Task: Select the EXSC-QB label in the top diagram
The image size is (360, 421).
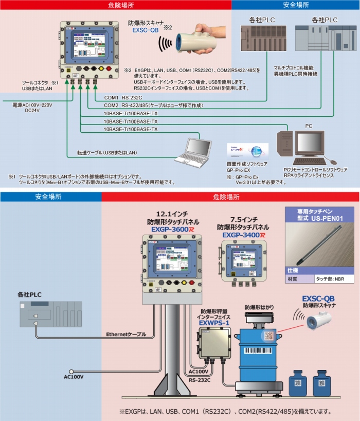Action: tap(146, 30)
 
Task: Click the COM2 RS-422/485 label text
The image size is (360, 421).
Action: tap(153, 105)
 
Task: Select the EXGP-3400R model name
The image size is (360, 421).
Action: tap(245, 235)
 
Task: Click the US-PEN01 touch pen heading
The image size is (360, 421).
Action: tap(319, 215)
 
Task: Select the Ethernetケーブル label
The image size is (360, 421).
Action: tap(125, 334)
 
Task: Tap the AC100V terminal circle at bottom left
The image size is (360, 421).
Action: tap(72, 372)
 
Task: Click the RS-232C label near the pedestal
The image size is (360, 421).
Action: tap(200, 380)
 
